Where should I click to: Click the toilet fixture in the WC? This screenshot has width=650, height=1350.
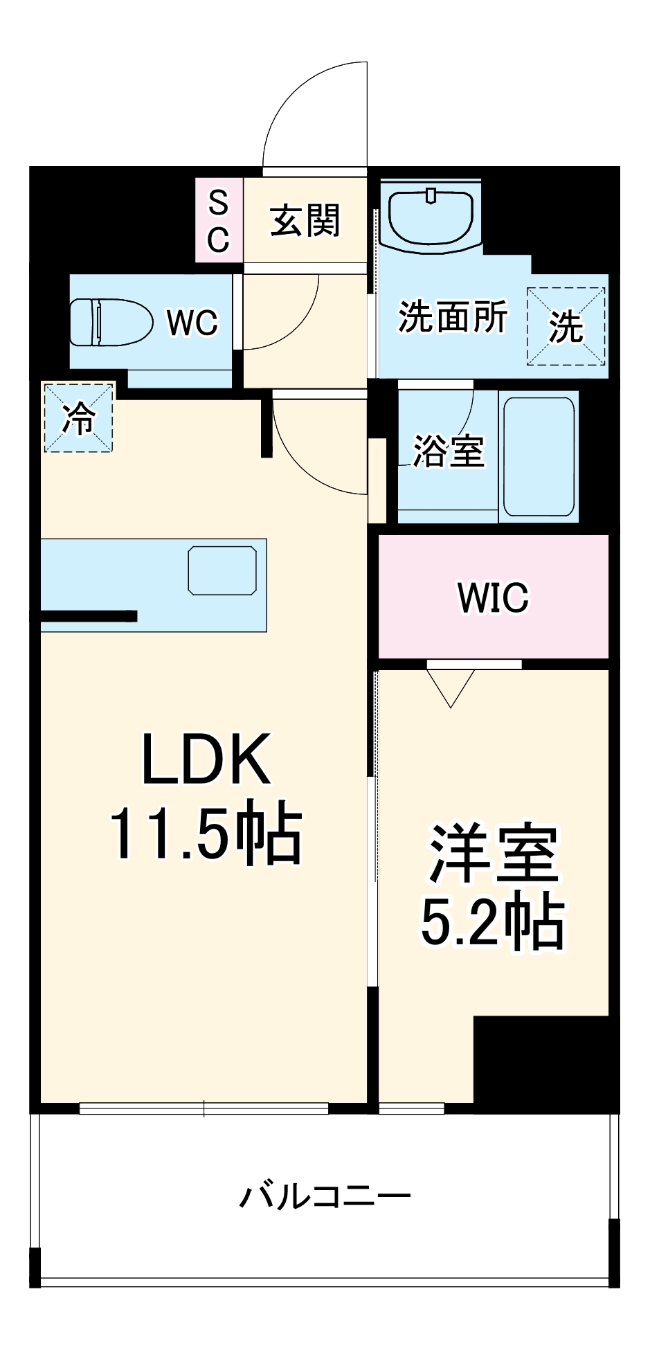point(111,322)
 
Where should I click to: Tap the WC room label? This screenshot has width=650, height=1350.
point(192,323)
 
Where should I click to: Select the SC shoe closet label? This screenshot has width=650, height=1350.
point(219,221)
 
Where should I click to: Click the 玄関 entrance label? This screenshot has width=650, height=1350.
point(305,221)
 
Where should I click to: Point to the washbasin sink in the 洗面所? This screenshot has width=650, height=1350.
point(431,215)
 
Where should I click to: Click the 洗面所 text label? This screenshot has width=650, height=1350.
point(453,317)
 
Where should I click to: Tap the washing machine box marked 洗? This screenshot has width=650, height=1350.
point(566,326)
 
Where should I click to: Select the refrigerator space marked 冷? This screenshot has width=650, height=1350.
point(78,417)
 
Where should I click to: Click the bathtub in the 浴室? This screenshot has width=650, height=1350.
point(539,456)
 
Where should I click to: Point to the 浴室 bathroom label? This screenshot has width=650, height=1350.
point(448,451)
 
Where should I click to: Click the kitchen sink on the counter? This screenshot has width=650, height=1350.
point(222,570)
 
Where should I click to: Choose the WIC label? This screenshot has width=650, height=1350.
point(493,597)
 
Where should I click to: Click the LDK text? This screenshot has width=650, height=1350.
point(206,759)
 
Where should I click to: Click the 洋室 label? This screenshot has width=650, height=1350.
point(493,854)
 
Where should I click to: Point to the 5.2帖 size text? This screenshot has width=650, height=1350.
point(493,922)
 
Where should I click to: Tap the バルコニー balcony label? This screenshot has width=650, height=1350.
point(325,1196)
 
